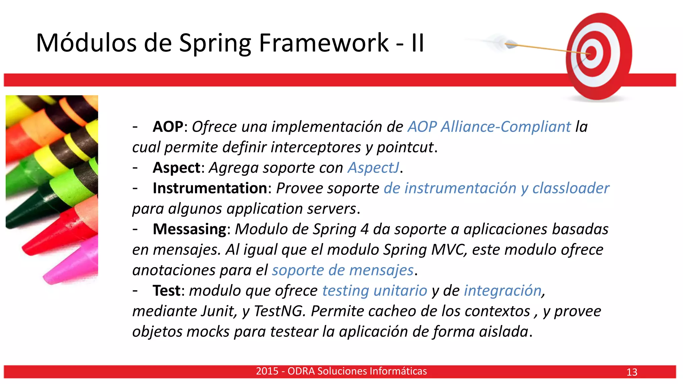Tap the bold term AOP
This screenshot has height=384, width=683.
point(168,127)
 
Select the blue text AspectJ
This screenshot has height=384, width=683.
point(373,168)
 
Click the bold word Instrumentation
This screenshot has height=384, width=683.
point(210,188)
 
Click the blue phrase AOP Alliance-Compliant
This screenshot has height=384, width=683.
point(489,127)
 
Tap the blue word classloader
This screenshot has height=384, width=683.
point(571,188)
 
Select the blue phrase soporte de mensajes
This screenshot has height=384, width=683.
point(343,270)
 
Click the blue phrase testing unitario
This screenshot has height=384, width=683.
point(374,291)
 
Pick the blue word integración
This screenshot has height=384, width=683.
point(503,291)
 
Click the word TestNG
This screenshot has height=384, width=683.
point(278,311)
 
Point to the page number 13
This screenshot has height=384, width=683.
point(632,372)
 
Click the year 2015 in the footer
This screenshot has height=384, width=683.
point(267,371)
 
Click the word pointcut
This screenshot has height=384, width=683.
point(405,147)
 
